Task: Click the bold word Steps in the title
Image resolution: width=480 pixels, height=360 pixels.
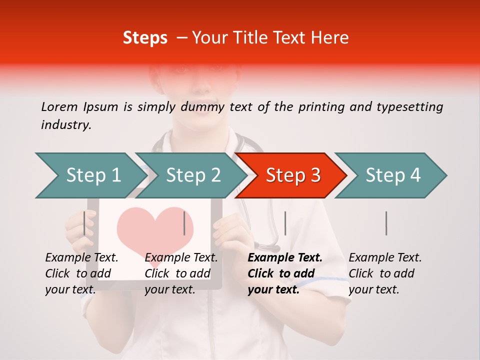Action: coord(145,38)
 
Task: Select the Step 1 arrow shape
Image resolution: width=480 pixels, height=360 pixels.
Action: coord(90,175)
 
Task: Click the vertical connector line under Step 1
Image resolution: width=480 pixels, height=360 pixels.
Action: coord(84,223)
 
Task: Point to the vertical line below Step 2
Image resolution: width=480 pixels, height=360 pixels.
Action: coord(184,223)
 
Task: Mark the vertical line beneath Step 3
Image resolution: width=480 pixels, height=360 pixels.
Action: coord(285,223)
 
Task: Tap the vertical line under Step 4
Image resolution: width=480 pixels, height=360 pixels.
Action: coord(386,223)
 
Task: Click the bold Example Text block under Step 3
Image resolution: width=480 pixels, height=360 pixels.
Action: coord(285,273)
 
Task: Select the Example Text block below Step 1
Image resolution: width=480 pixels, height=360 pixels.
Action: coord(81,273)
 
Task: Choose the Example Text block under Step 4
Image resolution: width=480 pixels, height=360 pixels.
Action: coord(385,273)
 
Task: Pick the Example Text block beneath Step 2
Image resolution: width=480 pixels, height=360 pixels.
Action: coord(181,273)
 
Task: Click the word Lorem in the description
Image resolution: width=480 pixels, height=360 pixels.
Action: coord(59,106)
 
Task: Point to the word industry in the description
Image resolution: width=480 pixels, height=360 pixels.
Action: coord(65,125)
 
